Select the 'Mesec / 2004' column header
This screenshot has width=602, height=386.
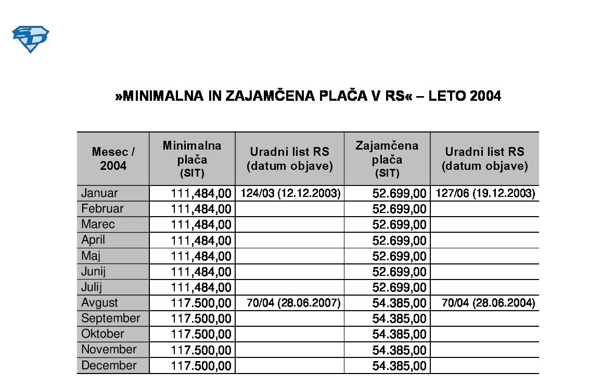point(113,158)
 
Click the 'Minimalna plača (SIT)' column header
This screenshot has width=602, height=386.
point(191,158)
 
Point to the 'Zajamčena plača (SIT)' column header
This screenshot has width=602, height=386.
point(387,158)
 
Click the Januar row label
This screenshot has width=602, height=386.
point(99,193)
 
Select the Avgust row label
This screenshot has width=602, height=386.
point(99,302)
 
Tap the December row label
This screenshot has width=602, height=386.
point(109,365)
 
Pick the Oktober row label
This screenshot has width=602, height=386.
point(103,334)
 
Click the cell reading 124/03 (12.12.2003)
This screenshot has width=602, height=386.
point(290,194)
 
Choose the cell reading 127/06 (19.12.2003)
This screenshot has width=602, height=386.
point(485,194)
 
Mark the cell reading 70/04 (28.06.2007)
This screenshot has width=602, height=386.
point(293,303)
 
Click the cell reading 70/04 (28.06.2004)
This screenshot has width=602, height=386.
point(488,303)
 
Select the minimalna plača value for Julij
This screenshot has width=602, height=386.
point(201,287)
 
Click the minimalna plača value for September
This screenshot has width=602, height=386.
point(201,318)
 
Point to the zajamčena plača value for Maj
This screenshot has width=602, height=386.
point(399,256)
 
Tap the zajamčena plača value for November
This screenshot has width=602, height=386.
point(399,350)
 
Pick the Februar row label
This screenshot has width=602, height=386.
point(102,209)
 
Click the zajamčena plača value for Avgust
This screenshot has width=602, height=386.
point(399,303)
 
